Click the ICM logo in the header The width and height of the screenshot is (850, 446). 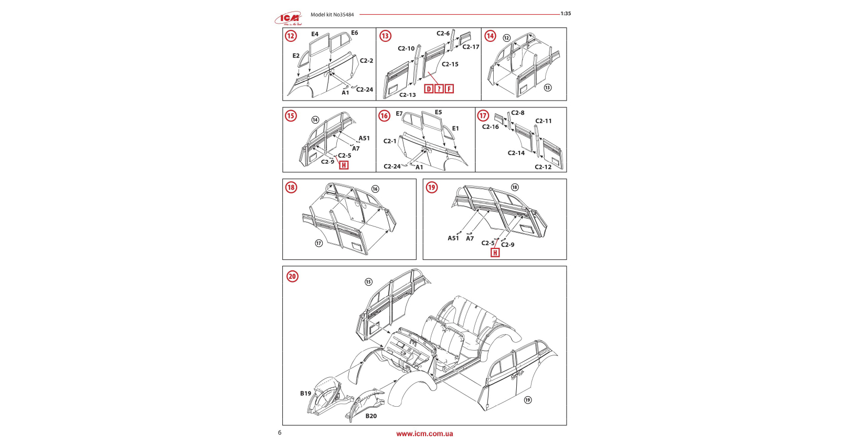coord(288,19)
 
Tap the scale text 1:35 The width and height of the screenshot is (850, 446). coord(566,14)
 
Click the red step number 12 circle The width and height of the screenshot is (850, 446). coord(291,36)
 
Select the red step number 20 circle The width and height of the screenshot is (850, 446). coord(292,276)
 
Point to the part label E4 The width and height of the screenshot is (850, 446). coord(315,34)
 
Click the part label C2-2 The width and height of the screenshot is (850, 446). coord(366,61)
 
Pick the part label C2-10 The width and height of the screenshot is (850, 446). coord(406,48)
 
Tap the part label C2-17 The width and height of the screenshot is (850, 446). coord(471,47)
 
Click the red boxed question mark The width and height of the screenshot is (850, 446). coord(439,89)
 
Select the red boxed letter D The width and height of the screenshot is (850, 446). coord(429,89)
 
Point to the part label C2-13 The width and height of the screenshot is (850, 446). coord(407,95)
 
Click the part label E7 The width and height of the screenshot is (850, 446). coord(399,114)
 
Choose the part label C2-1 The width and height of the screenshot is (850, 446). coord(390,141)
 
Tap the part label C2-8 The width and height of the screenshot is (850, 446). coord(518,113)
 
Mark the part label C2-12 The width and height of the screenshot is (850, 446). coord(543,167)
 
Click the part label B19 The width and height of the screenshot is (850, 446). coord(305,393)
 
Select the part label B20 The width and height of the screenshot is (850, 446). coord(371,416)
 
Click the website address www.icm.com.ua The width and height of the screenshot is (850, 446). coord(424,433)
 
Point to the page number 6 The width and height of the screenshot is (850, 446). coord(280,432)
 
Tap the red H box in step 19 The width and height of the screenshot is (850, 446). coord(495,253)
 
